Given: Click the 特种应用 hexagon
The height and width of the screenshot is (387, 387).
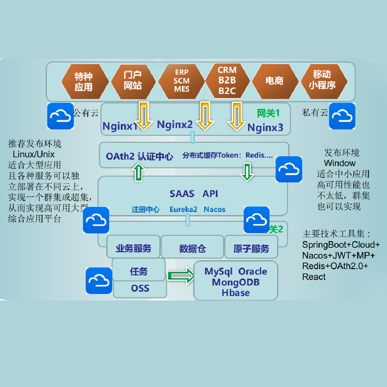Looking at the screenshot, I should [x=83, y=81].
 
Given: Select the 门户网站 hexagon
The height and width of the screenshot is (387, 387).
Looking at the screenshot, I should [x=133, y=81].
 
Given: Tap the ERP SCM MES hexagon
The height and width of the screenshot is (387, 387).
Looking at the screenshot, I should [x=182, y=81].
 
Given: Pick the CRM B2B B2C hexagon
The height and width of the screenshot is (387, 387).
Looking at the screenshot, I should [x=227, y=81].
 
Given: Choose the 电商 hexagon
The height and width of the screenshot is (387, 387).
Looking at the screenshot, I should [x=274, y=81].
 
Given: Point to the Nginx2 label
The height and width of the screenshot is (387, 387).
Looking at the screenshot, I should [x=175, y=124].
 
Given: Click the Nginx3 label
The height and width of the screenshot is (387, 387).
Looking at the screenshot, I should [x=265, y=128].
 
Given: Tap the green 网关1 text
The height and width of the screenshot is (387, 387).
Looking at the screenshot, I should [x=268, y=113].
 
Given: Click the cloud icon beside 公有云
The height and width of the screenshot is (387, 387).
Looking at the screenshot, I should [x=60, y=116].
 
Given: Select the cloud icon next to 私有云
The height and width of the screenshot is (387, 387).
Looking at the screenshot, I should [x=342, y=116].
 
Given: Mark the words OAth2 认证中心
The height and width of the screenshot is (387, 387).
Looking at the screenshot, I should [x=139, y=156].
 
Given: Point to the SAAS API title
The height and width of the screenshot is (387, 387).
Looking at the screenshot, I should [x=194, y=194].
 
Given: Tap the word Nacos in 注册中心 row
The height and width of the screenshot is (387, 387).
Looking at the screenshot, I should [x=215, y=209].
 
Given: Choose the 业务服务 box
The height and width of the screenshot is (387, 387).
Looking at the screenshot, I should [x=133, y=249].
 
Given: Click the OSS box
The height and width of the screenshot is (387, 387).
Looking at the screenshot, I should [x=140, y=288].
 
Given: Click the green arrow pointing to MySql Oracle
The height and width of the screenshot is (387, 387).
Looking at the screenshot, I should [x=180, y=276].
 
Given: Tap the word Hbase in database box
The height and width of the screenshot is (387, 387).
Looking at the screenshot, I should [x=236, y=293].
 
